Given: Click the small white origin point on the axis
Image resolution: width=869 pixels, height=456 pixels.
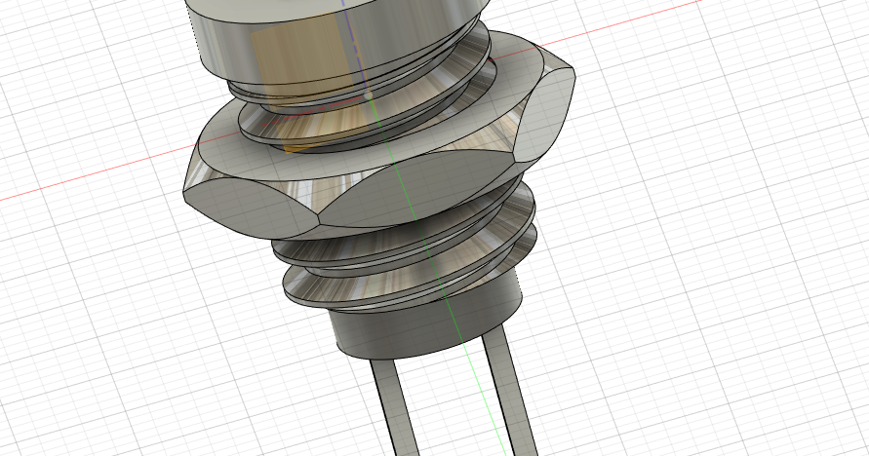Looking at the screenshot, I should pos(368,95).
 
